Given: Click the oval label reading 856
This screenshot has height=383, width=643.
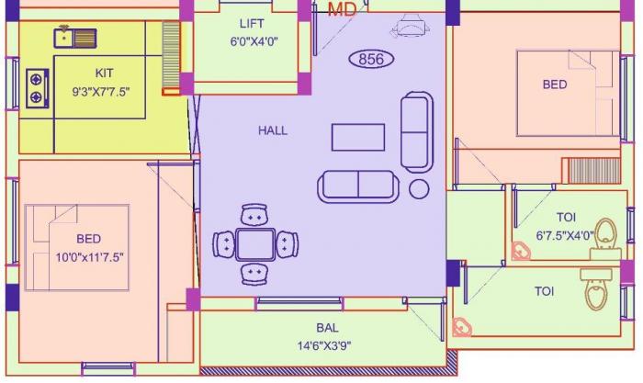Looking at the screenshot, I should point(370,60).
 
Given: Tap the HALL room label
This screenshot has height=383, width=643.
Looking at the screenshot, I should point(273,130).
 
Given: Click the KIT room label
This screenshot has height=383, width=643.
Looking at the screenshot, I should point(105,73).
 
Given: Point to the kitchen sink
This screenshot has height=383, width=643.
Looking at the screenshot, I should point(75,38).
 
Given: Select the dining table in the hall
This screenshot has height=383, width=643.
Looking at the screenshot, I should point(254,244).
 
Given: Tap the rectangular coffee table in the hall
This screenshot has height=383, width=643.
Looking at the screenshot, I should point(359,136).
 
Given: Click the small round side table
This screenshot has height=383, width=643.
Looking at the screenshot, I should point(419,189).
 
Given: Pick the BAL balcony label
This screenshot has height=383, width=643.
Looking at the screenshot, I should point(326,328).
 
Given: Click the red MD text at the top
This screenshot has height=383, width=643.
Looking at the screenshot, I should point(343,9).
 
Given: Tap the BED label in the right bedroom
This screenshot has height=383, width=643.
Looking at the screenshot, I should point(554,84).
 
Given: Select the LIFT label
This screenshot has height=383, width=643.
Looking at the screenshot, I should point(252,23).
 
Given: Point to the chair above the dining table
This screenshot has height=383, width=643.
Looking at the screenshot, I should point(254,215).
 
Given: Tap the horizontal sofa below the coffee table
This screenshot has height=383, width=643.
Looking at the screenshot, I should point(357,186).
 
